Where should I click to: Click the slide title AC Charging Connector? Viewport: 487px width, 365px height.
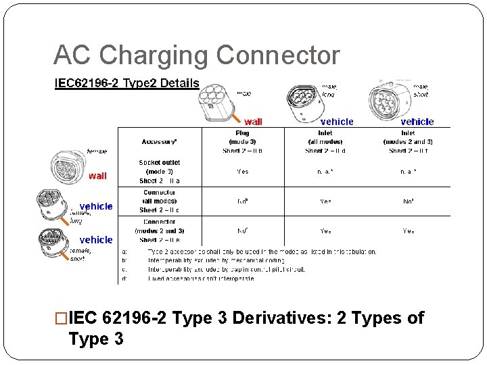[196, 55]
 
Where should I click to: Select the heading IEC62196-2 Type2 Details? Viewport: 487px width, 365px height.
[126, 83]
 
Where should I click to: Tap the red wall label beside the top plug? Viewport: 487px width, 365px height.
[253, 122]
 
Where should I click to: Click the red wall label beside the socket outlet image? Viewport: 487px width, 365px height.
[97, 176]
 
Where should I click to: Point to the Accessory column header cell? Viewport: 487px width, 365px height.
[160, 141]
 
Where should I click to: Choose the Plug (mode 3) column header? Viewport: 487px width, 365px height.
[242, 142]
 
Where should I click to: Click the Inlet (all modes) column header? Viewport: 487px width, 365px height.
[325, 142]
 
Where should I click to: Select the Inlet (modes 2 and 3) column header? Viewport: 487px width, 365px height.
[408, 142]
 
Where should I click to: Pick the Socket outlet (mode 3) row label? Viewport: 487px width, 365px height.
[160, 172]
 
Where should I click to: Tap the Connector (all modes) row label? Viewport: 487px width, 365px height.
[160, 201]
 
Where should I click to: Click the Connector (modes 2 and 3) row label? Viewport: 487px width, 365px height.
[160, 230]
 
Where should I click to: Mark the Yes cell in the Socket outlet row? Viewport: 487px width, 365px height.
[242, 172]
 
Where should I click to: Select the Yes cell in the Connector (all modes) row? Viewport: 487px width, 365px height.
[325, 201]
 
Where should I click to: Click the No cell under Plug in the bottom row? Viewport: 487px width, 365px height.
[242, 230]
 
